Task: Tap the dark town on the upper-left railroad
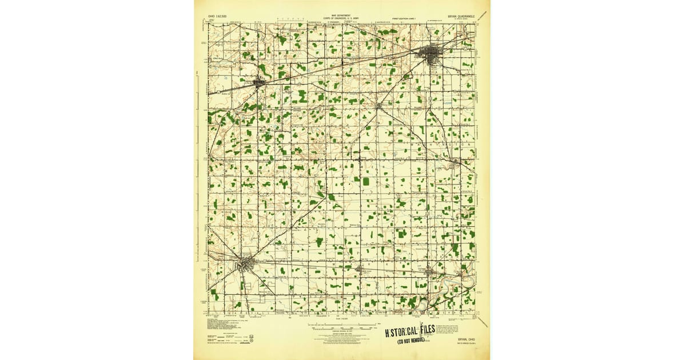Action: tap(259, 83)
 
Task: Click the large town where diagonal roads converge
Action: tap(246, 265)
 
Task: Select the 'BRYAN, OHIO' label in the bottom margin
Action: tap(458, 338)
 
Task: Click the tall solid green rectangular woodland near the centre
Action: tap(365, 181)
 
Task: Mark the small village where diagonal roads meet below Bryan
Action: tap(378, 106)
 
